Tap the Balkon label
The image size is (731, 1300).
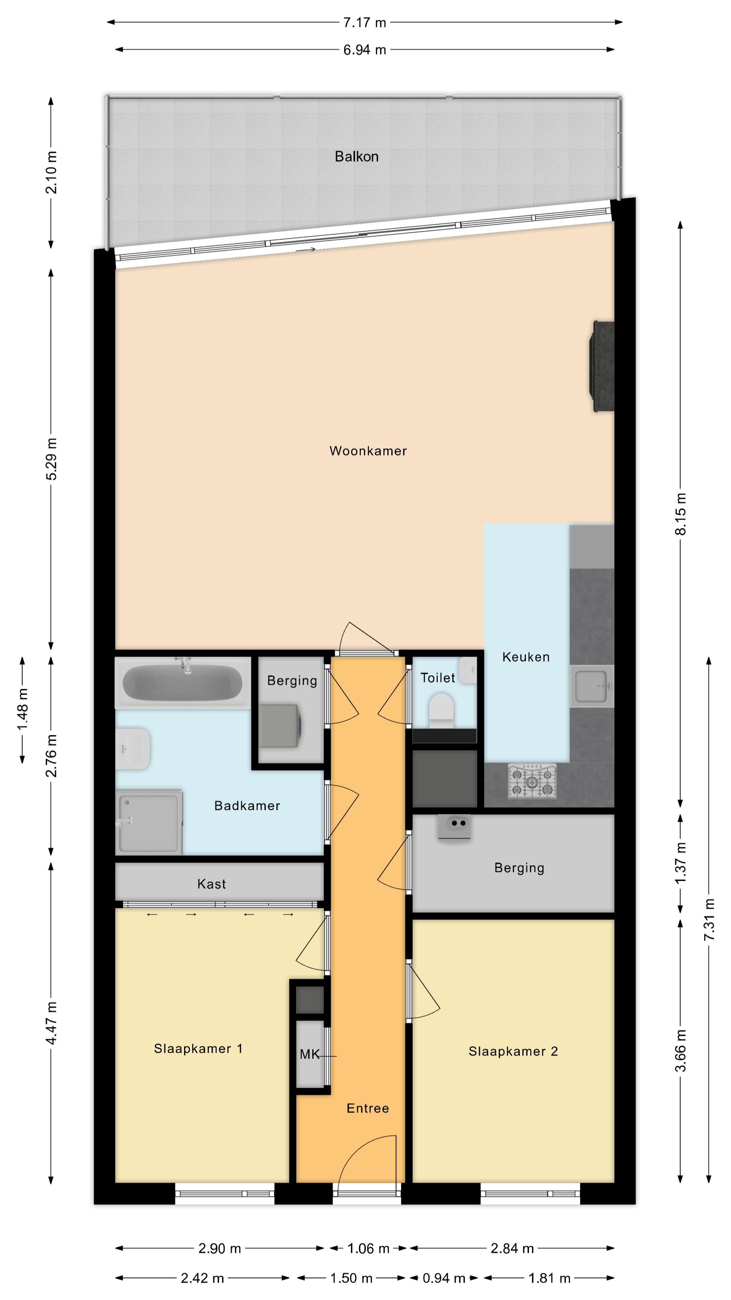point(357,156)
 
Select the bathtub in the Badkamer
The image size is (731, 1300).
point(183,682)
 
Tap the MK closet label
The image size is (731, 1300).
point(309,1054)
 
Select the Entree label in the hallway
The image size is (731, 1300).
point(368,1108)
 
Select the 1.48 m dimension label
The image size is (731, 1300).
point(22,709)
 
